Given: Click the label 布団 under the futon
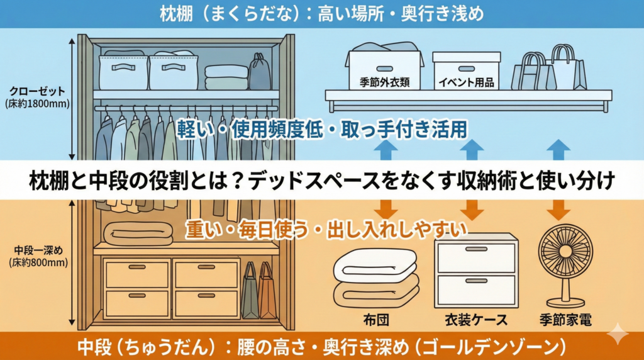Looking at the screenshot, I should pos(377,319).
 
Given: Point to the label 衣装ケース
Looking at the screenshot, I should pos(477,319).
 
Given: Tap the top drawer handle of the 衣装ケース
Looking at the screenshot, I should pos(476,249).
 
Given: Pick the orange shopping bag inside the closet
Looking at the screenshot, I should pos(267,293).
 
